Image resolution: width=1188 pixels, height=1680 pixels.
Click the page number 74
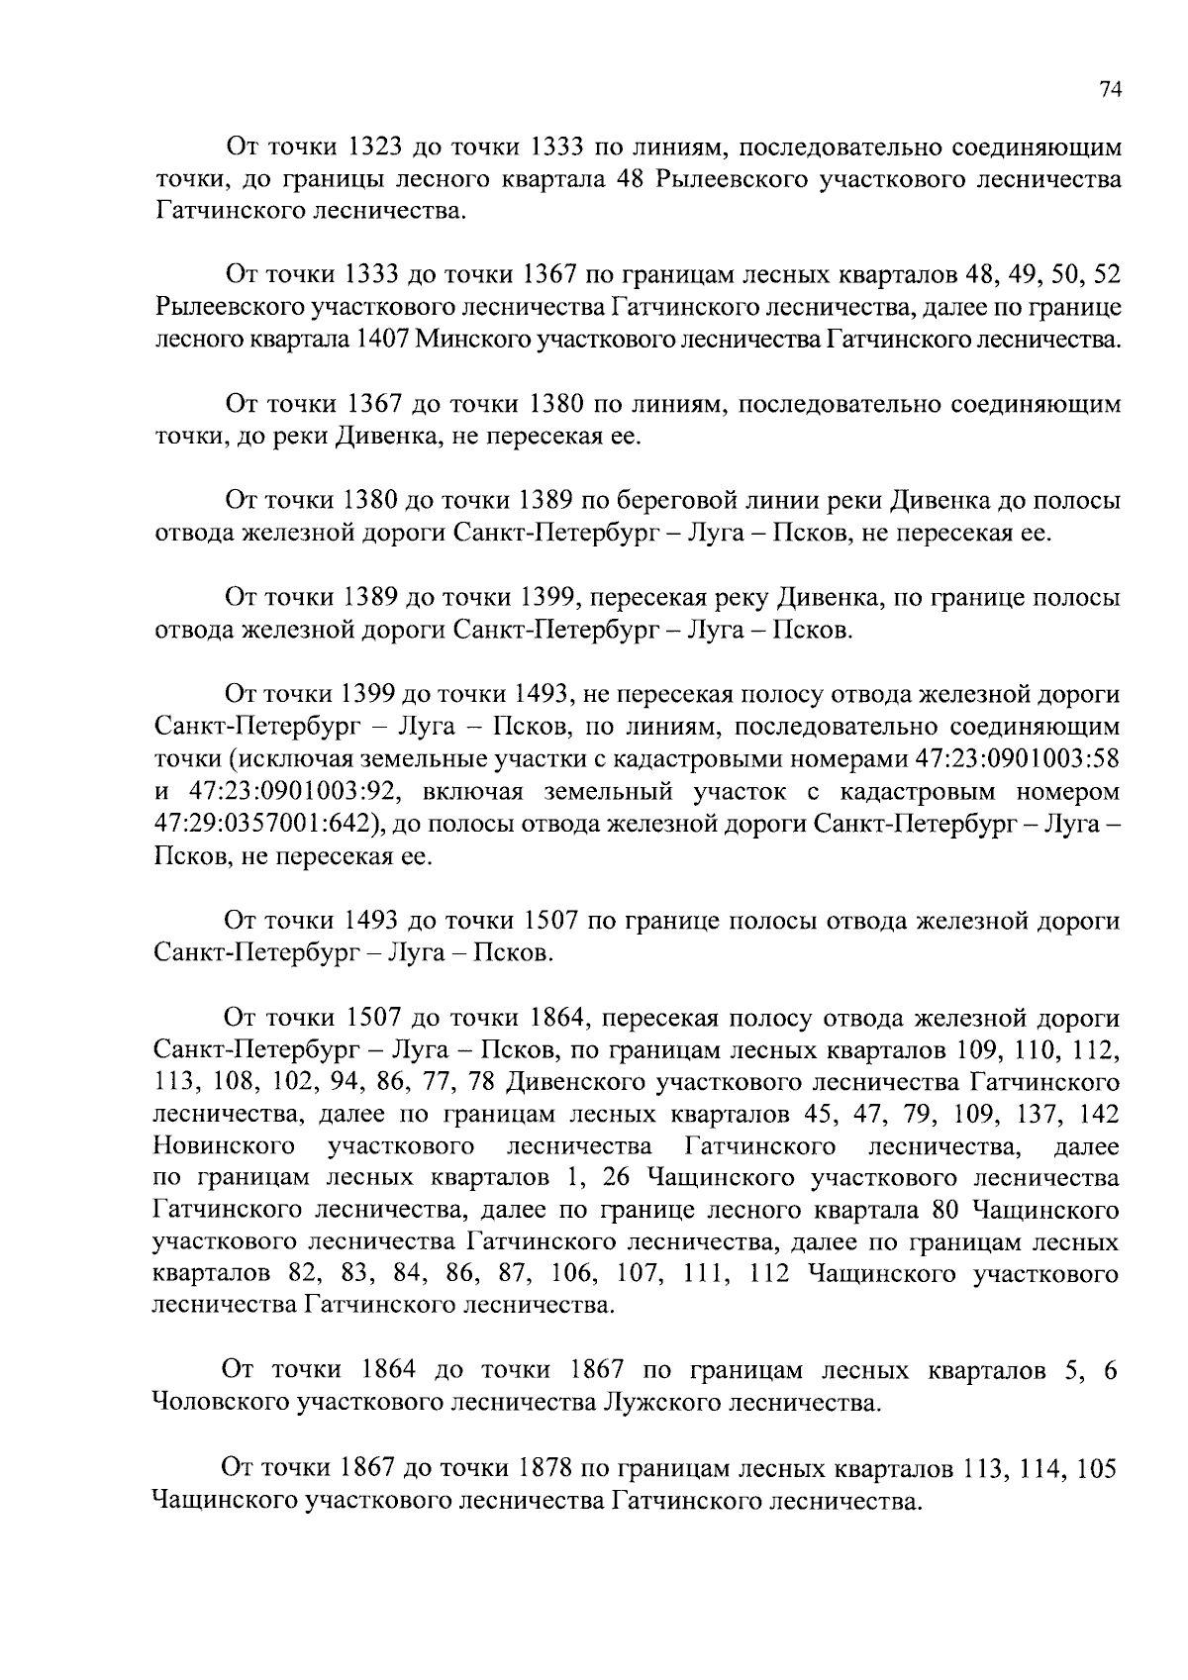coord(1109,89)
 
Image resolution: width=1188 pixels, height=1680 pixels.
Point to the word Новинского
coord(225,1146)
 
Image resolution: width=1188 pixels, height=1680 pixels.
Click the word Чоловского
coord(222,1402)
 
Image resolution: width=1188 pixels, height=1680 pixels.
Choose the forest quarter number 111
coord(706,1273)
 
